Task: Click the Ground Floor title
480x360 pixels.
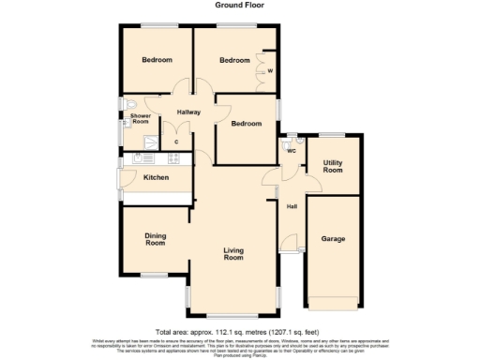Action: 239,6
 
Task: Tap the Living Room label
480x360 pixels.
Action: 233,253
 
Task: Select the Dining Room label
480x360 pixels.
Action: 155,239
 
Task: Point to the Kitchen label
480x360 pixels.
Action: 155,177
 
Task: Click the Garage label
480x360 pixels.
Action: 333,239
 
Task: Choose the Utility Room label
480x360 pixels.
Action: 333,167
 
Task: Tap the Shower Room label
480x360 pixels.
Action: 140,119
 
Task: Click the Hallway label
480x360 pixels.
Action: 188,112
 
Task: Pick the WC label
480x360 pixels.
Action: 292,150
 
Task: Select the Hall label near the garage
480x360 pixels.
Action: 292,207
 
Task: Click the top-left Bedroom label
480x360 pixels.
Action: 157,60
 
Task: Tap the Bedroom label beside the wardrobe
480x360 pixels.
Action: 234,60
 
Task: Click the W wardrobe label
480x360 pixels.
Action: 270,71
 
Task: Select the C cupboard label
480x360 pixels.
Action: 176,142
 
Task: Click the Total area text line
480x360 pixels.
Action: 239,332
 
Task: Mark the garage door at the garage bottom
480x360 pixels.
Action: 333,302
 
